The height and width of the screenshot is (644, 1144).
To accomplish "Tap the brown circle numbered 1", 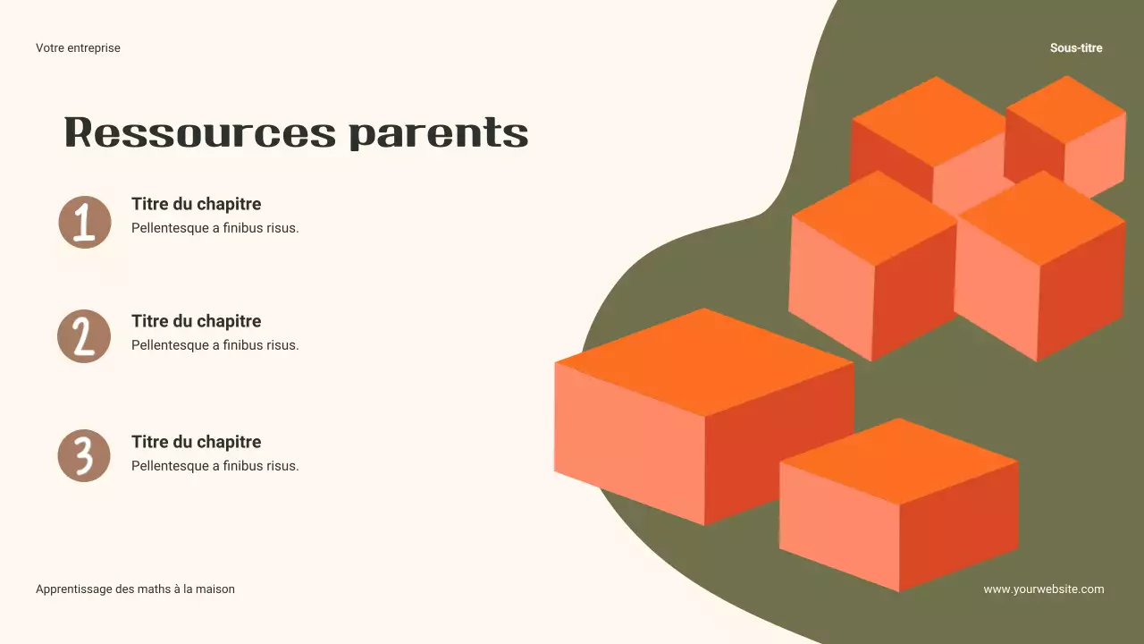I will pyautogui.click(x=85, y=222).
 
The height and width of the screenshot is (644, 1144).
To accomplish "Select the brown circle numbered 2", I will pyautogui.click(x=84, y=336).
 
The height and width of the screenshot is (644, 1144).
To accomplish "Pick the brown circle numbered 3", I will pyautogui.click(x=84, y=455).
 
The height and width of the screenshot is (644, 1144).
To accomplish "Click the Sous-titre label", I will pyautogui.click(x=1076, y=48).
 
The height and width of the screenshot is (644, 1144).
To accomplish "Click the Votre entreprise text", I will pyautogui.click(x=78, y=48).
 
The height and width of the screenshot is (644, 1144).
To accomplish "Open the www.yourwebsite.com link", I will pyautogui.click(x=1043, y=589).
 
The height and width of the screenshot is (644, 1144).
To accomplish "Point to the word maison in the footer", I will pyautogui.click(x=214, y=589).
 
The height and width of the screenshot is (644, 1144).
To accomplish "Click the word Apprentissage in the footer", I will pyautogui.click(x=74, y=589).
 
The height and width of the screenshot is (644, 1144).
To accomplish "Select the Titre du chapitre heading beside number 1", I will pyautogui.click(x=196, y=204).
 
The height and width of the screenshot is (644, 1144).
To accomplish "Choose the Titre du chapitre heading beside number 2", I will pyautogui.click(x=196, y=321).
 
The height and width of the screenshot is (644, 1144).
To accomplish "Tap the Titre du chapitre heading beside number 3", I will pyautogui.click(x=196, y=442).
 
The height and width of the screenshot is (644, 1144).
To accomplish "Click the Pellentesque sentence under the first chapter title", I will pyautogui.click(x=214, y=228).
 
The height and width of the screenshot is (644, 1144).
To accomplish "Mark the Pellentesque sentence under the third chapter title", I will pyautogui.click(x=214, y=466).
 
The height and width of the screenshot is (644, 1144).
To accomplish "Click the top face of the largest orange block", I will pyautogui.click(x=703, y=360).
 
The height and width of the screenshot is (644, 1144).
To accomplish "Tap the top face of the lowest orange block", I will pyautogui.click(x=899, y=460).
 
